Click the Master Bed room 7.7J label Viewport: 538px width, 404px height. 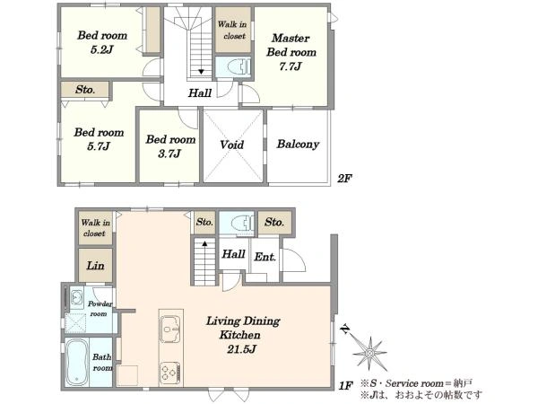(291, 52)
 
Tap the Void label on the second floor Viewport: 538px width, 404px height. (232, 145)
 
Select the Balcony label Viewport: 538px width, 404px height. (298, 144)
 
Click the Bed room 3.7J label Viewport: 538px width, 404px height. (170, 146)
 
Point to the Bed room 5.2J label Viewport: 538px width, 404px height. (102, 42)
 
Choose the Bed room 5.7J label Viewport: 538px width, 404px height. (99, 139)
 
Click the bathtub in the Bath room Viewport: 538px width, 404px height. (77, 362)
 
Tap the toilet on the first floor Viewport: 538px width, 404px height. (242, 224)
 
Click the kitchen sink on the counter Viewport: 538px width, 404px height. (170, 329)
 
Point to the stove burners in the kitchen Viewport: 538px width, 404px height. (170, 373)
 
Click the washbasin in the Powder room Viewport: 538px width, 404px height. (76, 297)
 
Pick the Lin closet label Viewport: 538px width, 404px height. (95, 266)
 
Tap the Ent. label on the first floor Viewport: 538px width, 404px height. (265, 257)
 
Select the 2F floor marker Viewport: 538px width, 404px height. (344, 179)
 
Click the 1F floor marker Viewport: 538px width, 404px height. (345, 386)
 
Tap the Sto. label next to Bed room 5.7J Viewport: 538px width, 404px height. (85, 90)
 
